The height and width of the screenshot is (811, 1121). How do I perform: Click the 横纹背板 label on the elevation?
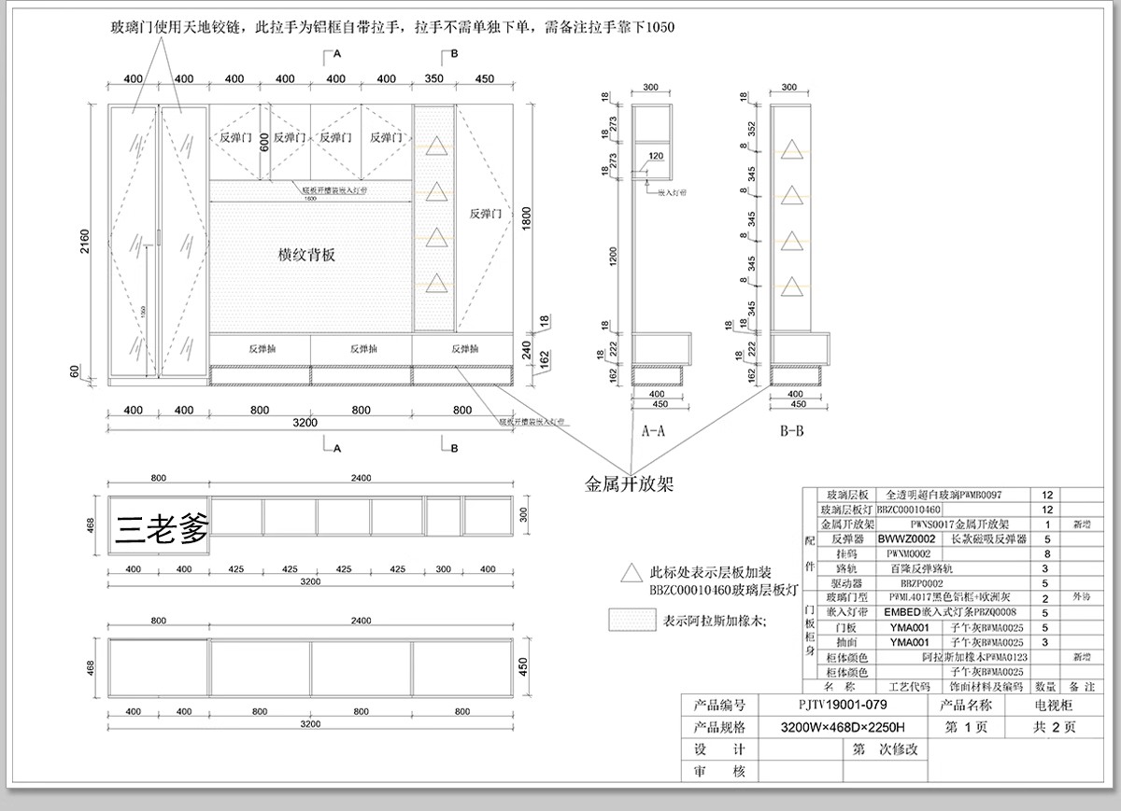pos(306,254)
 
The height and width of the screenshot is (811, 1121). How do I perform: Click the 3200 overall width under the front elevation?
pos(305,423)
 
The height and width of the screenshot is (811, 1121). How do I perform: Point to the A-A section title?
pos(653,431)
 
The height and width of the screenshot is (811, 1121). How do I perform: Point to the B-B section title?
pos(790,431)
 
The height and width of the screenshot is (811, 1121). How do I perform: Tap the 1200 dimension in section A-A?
pos(614,255)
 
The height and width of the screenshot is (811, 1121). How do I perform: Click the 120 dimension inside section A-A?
pos(654,156)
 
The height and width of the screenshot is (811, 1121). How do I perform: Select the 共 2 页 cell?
pos(1054,727)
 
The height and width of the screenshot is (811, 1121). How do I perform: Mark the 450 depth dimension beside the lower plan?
pos(523,666)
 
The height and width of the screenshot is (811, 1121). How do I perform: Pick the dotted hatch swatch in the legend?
pos(631,620)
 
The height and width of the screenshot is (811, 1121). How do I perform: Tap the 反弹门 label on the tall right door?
pos(486,214)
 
